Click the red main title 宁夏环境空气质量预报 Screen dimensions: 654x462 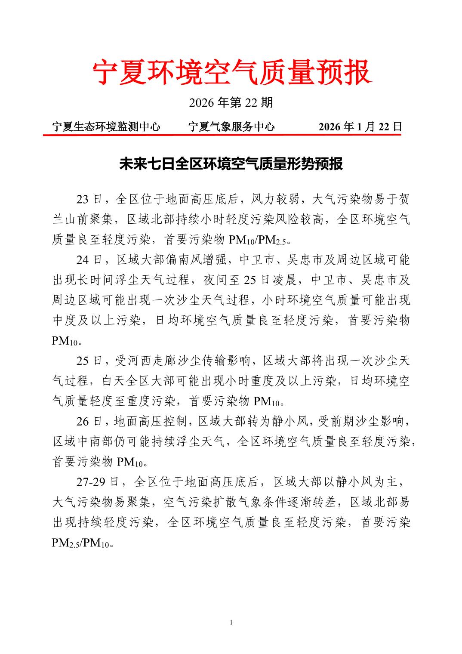[231, 72]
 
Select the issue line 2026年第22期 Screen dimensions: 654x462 [231, 103]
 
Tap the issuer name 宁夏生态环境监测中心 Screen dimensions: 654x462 [106, 126]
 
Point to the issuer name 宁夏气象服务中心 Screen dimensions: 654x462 [231, 126]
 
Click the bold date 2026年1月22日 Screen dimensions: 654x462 [360, 126]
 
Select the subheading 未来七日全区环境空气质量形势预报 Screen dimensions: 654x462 [231, 164]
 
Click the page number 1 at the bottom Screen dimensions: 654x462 [231, 623]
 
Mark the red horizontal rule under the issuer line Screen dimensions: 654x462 [222, 134]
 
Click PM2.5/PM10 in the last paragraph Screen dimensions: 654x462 [82, 543]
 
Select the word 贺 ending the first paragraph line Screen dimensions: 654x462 [404, 199]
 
